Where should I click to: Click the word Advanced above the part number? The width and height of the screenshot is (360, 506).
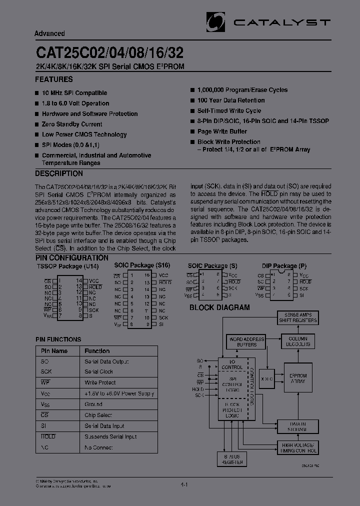pyautogui.click(x=49, y=33)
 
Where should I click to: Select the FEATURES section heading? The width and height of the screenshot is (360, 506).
pyautogui.click(x=54, y=79)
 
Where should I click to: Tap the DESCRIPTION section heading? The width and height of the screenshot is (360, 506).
pyautogui.click(x=59, y=174)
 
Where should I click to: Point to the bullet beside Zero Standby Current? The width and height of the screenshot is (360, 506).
pyautogui.click(x=37, y=124)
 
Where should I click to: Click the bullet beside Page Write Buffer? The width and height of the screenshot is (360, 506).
pyautogui.click(x=192, y=131)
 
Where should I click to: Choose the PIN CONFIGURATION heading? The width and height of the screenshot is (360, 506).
pyautogui.click(x=72, y=258)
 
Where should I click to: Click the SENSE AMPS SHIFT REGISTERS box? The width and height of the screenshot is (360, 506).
pyautogui.click(x=298, y=317)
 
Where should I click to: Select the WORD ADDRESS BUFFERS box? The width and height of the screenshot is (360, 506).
pyautogui.click(x=246, y=342)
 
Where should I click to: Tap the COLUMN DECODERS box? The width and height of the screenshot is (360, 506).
pyautogui.click(x=298, y=341)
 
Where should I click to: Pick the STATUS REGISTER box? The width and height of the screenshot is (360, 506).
pyautogui.click(x=231, y=459)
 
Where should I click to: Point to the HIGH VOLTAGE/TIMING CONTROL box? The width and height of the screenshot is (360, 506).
pyautogui.click(x=298, y=447)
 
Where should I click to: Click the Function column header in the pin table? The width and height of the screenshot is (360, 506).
pyautogui.click(x=97, y=351)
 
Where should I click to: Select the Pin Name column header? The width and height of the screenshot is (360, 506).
pyautogui.click(x=54, y=351)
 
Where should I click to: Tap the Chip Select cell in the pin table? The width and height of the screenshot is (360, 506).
pyautogui.click(x=98, y=415)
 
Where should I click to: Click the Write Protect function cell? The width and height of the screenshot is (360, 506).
pyautogui.click(x=100, y=383)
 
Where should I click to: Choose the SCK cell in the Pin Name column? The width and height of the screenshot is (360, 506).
pyautogui.click(x=46, y=372)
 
